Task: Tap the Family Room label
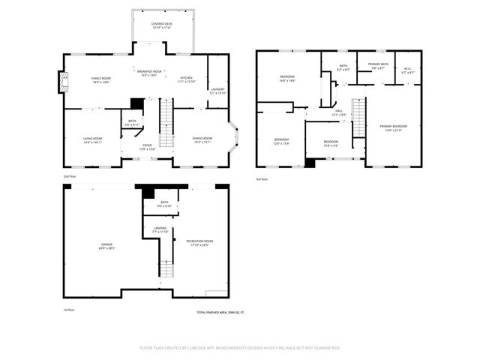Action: pyautogui.click(x=101, y=80)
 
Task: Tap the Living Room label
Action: pyautogui.click(x=92, y=140)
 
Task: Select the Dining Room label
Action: pyautogui.click(x=202, y=139)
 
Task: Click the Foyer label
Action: pyautogui.click(x=147, y=148)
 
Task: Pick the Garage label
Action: pyautogui.click(x=107, y=245)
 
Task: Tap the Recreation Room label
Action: pyautogui.click(x=199, y=243)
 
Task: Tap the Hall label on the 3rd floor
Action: pyautogui.click(x=338, y=112)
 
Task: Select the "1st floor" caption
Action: pyautogui.click(x=70, y=310)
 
